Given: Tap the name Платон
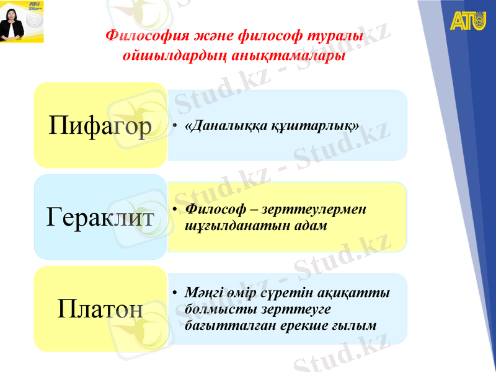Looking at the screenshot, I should (x=100, y=308).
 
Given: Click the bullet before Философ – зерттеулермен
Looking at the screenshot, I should (x=176, y=210).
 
